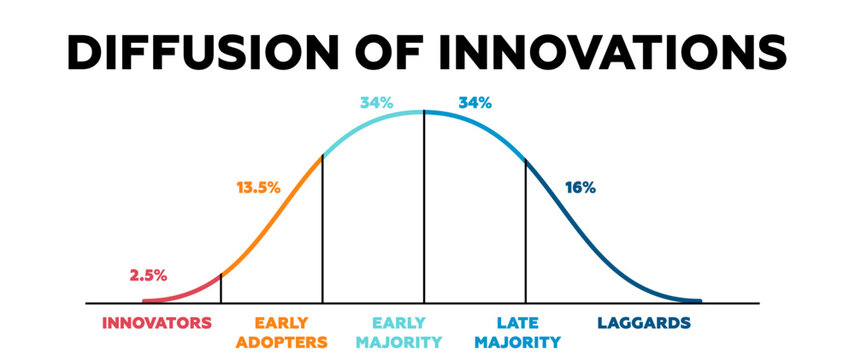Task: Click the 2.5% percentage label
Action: [x=148, y=275]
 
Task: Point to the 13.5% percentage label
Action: [x=258, y=187]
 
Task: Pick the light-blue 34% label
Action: [x=376, y=102]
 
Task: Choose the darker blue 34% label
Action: [x=473, y=102]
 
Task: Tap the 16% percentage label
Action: [x=580, y=187]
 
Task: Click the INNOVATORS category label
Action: [x=158, y=323]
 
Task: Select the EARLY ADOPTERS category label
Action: [x=281, y=332]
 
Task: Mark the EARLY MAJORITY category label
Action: [x=399, y=332]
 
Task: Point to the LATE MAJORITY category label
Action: [x=512, y=332]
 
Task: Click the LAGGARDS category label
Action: [x=644, y=323]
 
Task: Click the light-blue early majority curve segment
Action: [x=370, y=123]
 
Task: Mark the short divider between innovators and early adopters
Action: [x=221, y=287]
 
